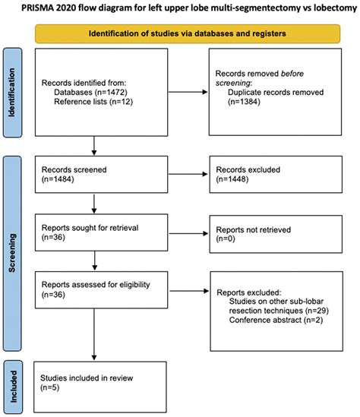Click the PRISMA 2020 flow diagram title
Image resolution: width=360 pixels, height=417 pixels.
click(x=180, y=8)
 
